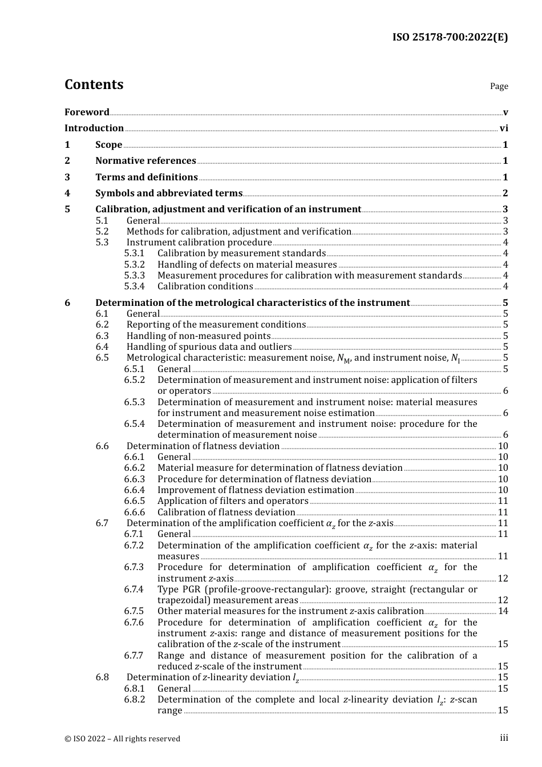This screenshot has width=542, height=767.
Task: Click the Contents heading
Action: coord(94,84)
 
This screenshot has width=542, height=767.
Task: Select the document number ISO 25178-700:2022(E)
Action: coord(450,38)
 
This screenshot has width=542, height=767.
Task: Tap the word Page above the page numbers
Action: coord(499,86)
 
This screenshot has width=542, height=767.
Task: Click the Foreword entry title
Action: coord(87,112)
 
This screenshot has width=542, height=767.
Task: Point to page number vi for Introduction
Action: coord(504,128)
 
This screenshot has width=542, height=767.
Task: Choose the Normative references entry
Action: coord(145,161)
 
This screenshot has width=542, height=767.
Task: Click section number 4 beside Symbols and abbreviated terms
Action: coord(67,193)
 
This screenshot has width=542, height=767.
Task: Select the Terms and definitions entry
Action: coord(147,177)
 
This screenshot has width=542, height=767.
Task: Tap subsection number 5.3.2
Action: coord(135,265)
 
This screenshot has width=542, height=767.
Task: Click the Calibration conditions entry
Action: coord(205,286)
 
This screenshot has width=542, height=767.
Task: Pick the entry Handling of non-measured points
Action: coord(199,336)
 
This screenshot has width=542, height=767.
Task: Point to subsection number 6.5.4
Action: coord(135,424)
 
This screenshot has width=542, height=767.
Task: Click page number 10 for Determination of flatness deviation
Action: coord(503,446)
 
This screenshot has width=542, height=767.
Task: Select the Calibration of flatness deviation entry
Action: coord(226,512)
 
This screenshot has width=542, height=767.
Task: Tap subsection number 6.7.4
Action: coord(134,590)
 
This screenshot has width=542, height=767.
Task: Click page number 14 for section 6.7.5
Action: coord(503,611)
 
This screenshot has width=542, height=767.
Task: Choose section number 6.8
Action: coord(102,677)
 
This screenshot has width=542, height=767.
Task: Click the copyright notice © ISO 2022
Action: coord(122,739)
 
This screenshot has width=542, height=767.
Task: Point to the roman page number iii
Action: coord(504,738)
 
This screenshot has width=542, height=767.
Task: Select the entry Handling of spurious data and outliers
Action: coord(209,347)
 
